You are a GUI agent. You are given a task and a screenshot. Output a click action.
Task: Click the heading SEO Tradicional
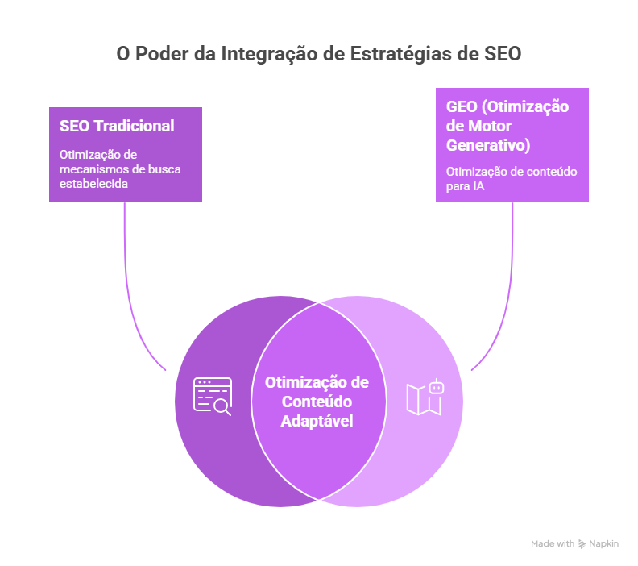click(117, 126)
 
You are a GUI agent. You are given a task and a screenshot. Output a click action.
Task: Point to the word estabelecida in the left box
click(94, 183)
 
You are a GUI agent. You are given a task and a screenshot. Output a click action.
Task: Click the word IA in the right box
click(478, 187)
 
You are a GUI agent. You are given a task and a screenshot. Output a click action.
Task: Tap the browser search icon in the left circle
click(213, 396)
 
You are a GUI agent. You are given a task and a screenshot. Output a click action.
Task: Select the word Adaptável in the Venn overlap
click(317, 420)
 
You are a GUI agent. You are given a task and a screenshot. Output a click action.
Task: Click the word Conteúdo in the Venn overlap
click(317, 402)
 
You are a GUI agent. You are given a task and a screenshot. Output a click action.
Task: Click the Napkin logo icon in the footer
click(582, 544)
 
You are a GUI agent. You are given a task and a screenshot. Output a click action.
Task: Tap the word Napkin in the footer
click(603, 544)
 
